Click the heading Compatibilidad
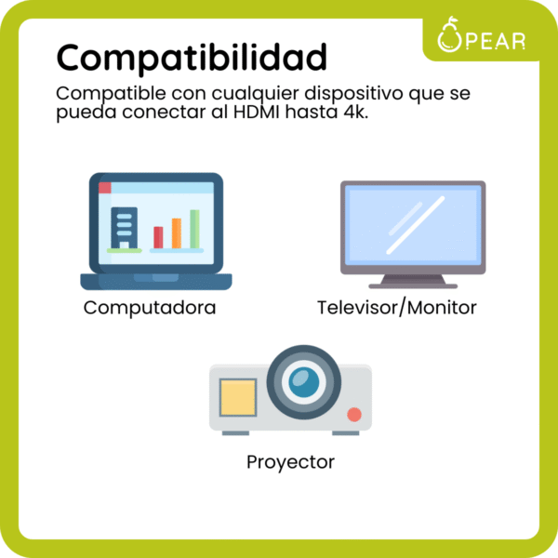(x=192, y=58)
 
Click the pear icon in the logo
(x=451, y=37)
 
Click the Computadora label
(x=150, y=308)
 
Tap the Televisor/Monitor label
(x=397, y=308)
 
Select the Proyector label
(x=290, y=461)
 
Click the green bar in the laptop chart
(x=194, y=229)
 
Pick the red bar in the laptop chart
(x=158, y=237)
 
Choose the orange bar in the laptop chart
(x=176, y=232)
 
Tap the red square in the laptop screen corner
(x=104, y=187)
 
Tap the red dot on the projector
(x=353, y=414)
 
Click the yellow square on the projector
(x=237, y=397)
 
